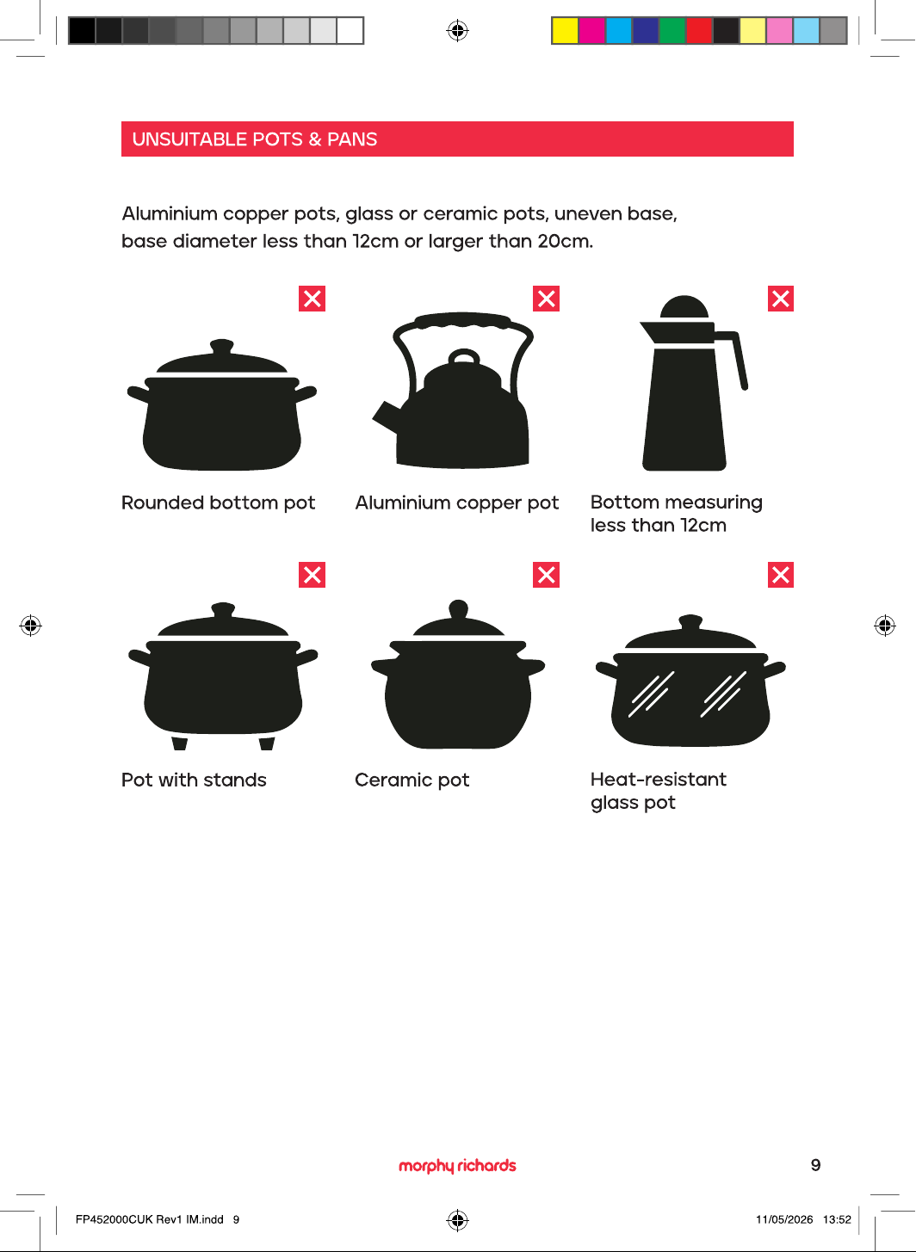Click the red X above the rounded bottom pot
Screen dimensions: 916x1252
[x=312, y=299]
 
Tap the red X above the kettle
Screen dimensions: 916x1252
[x=547, y=299]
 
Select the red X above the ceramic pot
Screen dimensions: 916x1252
[x=547, y=575]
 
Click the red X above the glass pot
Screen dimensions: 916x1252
[x=781, y=575]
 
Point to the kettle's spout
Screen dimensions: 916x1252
[x=386, y=416]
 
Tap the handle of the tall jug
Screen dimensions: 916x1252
[x=737, y=358]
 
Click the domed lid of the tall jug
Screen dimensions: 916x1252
[x=684, y=307]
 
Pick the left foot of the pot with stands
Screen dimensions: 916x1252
[x=180, y=743]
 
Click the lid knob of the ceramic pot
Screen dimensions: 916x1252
[x=459, y=609]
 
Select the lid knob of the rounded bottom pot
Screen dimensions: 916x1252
[x=221, y=347]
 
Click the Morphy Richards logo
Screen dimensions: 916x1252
[x=457, y=1166]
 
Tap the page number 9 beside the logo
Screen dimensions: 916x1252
[x=816, y=1165]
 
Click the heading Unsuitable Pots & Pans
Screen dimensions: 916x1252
[x=255, y=139]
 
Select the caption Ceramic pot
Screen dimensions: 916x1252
[x=412, y=780]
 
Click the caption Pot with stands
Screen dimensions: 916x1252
[x=194, y=780]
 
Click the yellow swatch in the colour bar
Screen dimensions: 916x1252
[x=566, y=30]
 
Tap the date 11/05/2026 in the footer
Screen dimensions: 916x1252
[x=784, y=1219]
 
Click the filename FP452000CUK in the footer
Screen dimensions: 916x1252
[x=114, y=1219]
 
